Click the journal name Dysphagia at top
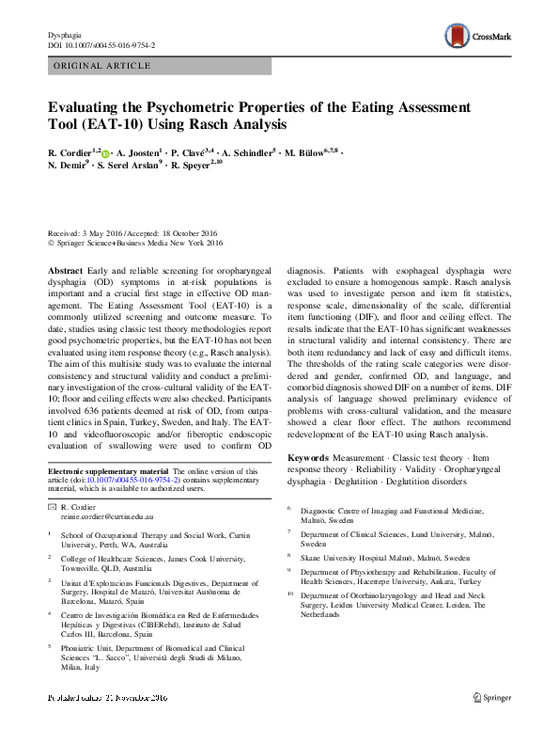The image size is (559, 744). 64,35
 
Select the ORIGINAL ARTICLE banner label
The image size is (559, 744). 102,66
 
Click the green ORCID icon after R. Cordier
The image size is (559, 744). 105,153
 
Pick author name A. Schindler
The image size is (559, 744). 247,152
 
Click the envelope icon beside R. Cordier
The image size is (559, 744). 52,507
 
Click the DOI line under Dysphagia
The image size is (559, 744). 101,45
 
